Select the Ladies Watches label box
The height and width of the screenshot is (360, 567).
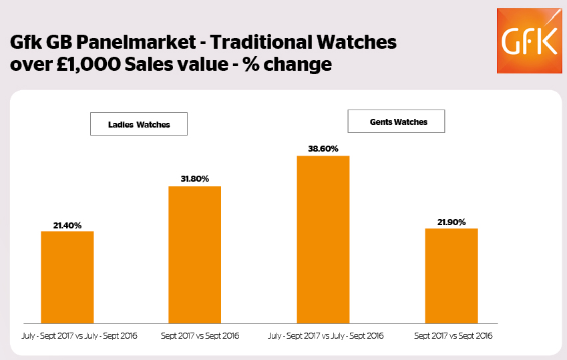[x=139, y=124]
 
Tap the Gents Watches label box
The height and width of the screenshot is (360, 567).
[x=397, y=122]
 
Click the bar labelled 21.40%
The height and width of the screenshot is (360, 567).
[x=67, y=277]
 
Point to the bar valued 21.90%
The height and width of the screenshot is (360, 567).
[x=452, y=275]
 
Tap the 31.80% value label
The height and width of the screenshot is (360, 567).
[x=194, y=179]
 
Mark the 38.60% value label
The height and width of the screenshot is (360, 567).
[x=323, y=149]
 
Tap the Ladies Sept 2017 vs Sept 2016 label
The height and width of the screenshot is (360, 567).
[x=199, y=335]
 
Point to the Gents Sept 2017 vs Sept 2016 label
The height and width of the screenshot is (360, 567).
[x=453, y=335]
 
